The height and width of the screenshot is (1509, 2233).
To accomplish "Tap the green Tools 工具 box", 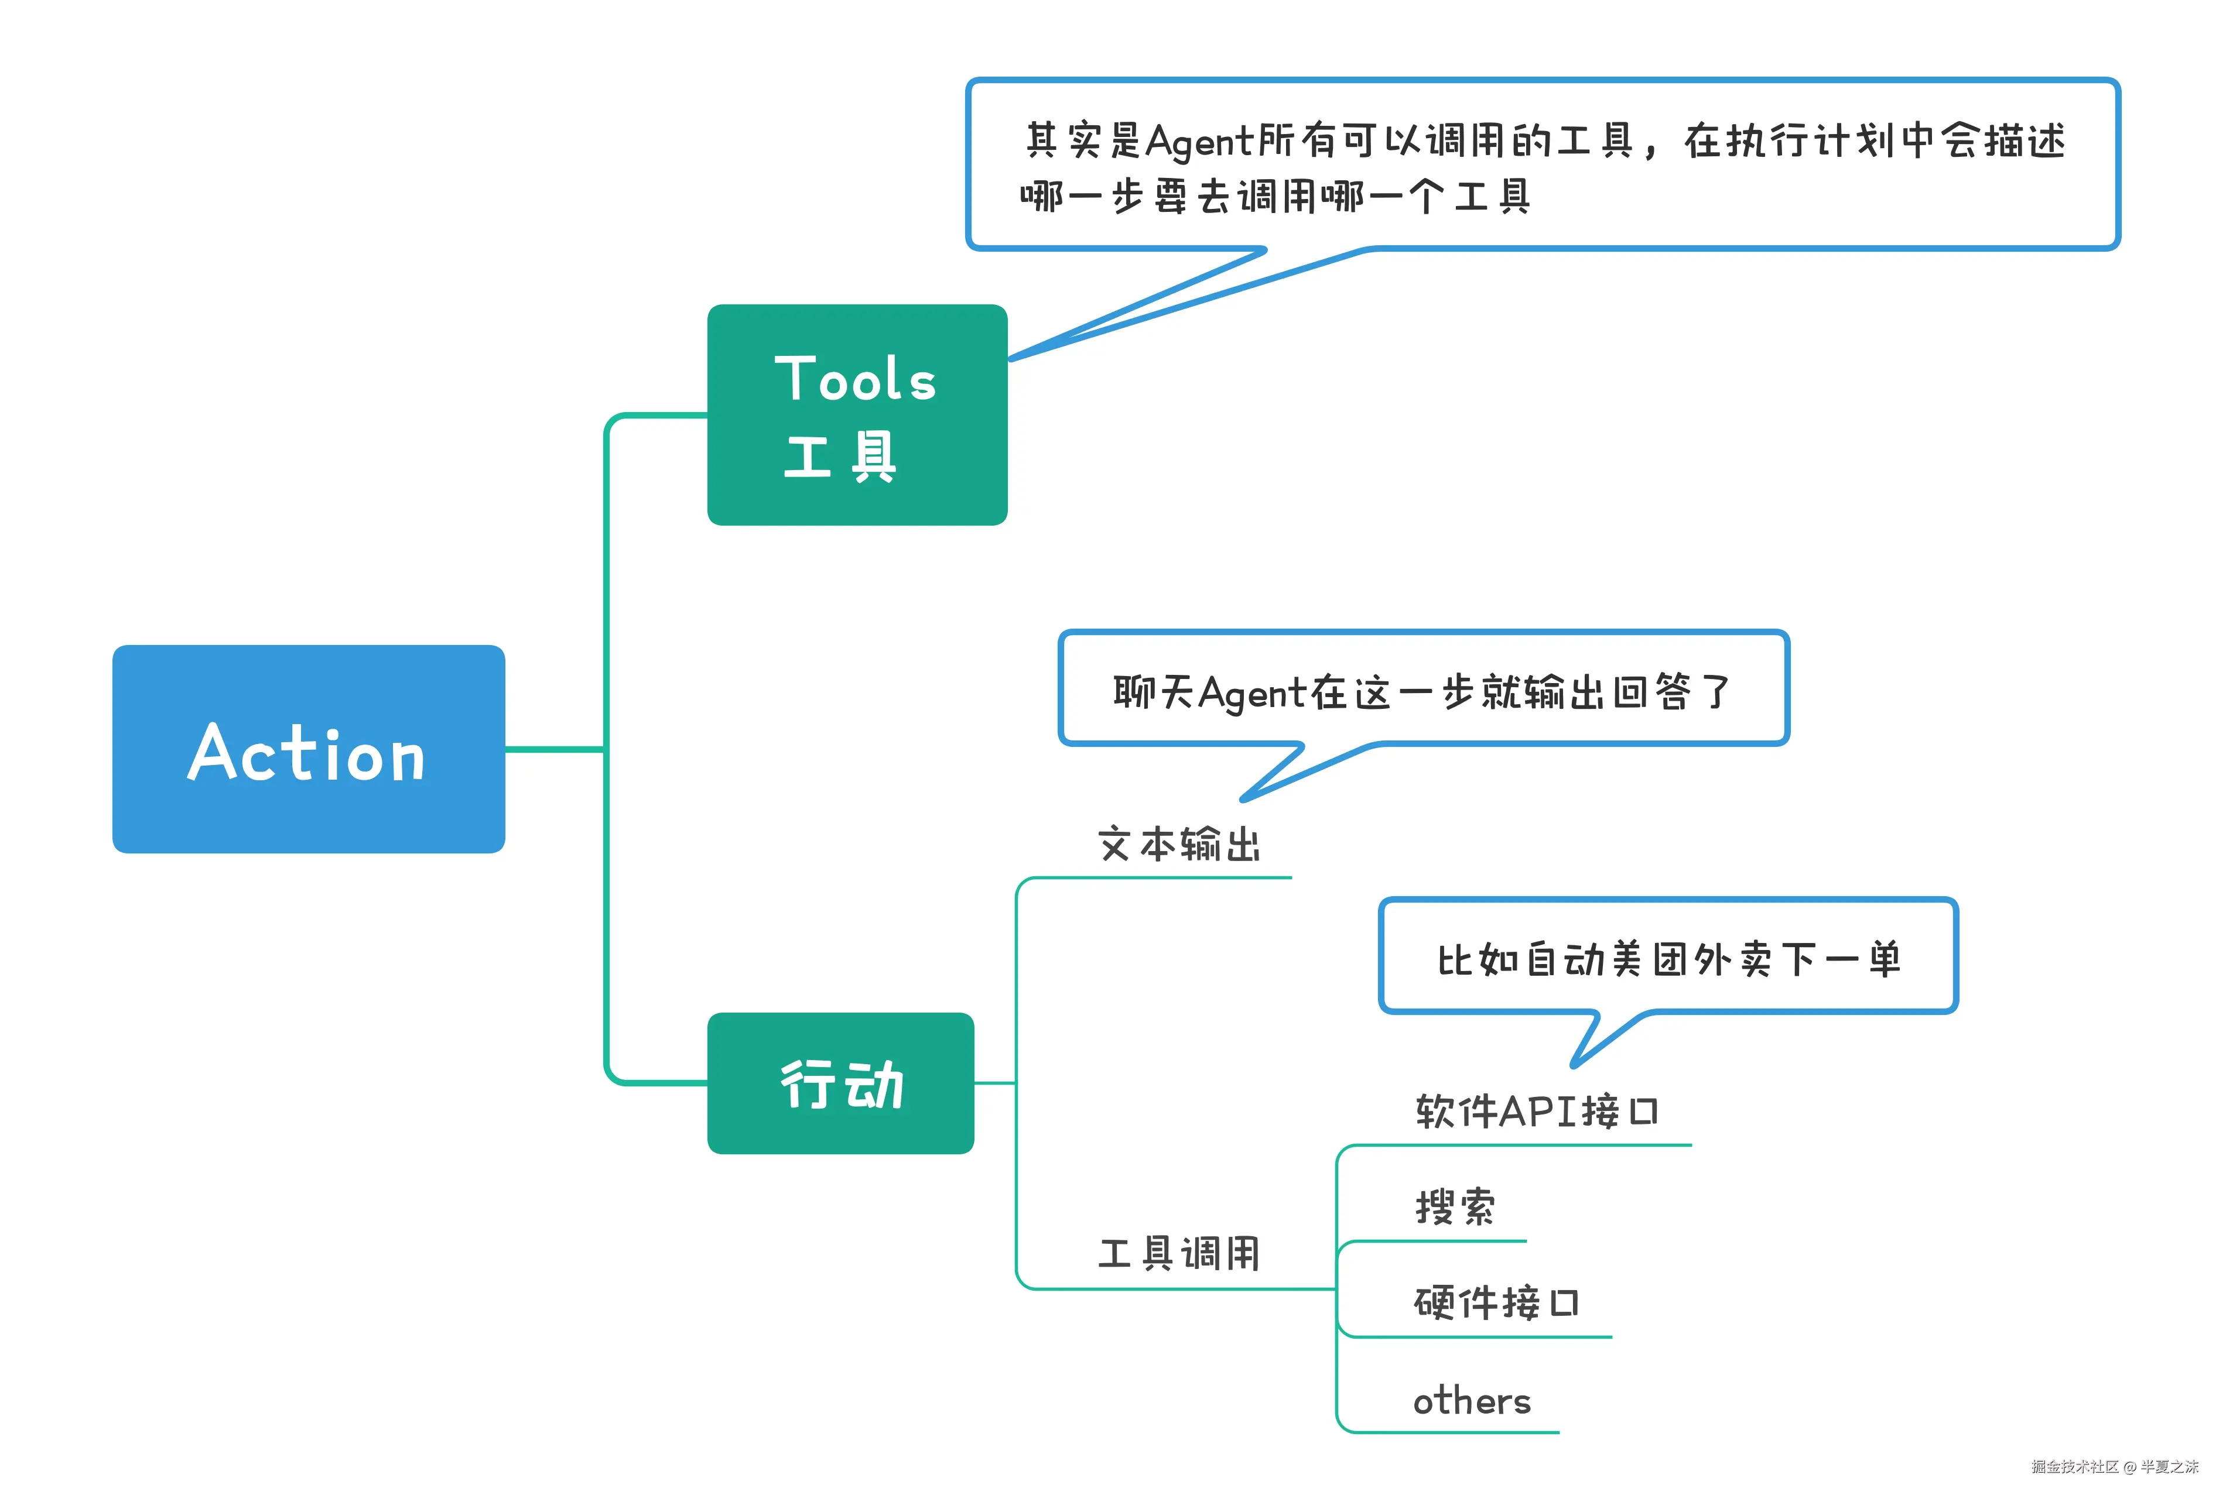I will pos(857,415).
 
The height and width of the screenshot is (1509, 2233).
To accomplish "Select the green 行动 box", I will pos(841,1083).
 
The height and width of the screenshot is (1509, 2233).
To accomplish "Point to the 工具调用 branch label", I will pos(1179,1253).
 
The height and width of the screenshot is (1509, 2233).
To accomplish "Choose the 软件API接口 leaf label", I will pos(1536,1112).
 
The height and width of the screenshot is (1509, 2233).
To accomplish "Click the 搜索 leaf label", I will pos(1455,1208).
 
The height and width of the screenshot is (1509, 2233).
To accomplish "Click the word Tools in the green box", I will pos(855,379).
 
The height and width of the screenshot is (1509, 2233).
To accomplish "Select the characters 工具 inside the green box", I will pos(841,456).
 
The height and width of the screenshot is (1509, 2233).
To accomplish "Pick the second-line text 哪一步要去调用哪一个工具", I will pos(1274,197).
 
